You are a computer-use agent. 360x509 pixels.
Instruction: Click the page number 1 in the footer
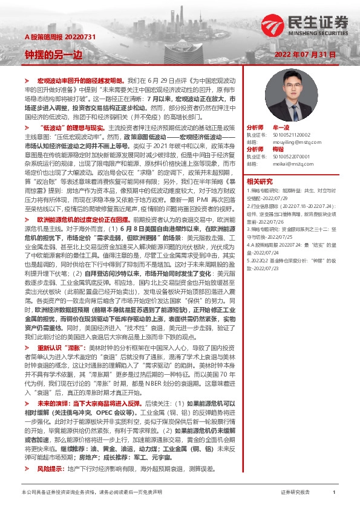(x=334, y=493)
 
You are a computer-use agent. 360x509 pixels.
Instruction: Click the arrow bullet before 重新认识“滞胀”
(x=27, y=349)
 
